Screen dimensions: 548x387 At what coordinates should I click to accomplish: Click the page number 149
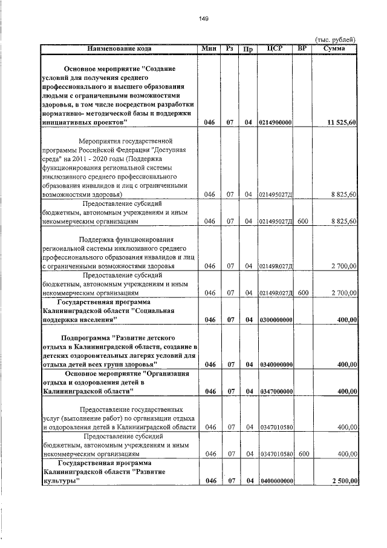204,19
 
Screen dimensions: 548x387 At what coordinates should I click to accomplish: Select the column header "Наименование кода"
119,48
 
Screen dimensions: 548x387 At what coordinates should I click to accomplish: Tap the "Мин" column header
210,48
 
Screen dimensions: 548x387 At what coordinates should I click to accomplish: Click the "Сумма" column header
334,48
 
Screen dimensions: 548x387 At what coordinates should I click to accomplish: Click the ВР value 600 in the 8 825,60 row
304,222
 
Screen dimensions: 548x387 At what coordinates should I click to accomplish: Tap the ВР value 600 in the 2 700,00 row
304,292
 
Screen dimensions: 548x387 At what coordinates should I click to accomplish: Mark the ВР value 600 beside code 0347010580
304,453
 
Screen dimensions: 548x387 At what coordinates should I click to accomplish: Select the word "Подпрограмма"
85,336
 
